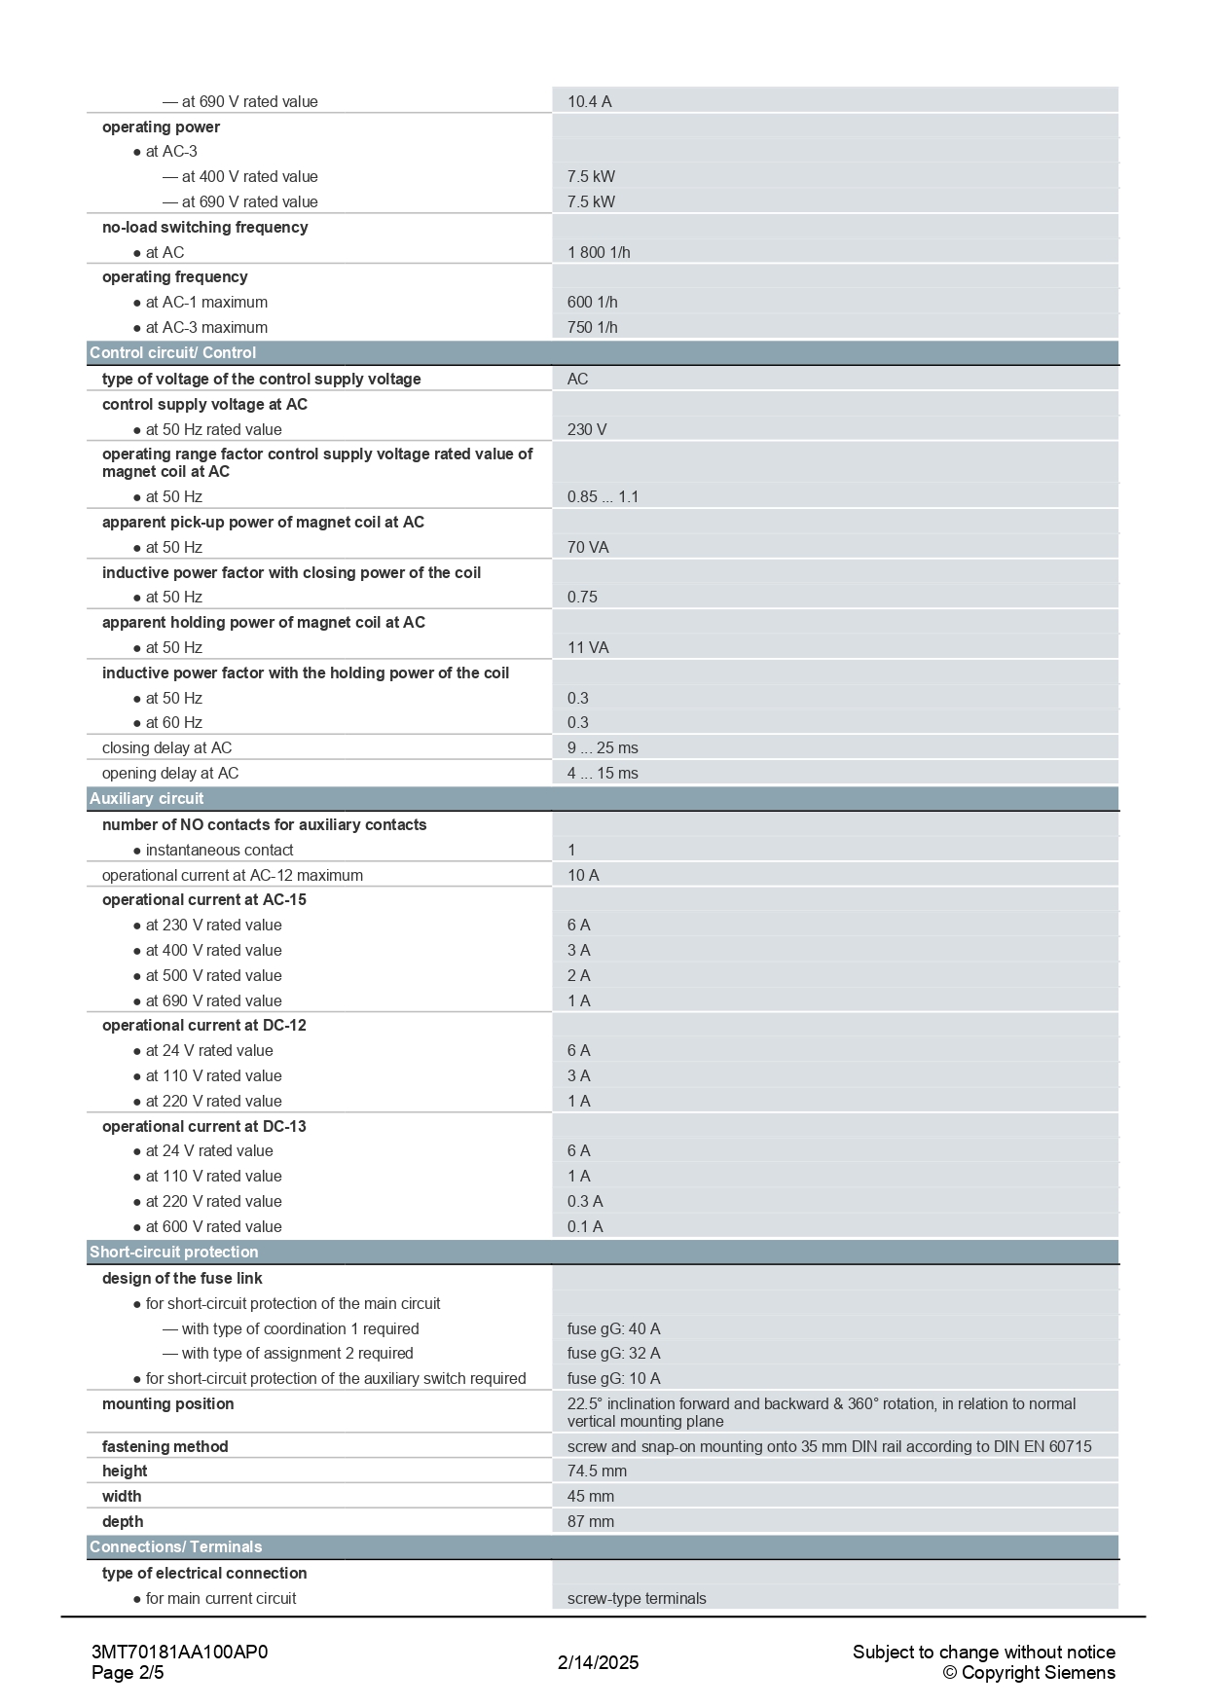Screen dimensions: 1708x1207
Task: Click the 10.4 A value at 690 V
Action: click(589, 101)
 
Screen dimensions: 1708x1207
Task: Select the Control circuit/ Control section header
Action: click(173, 352)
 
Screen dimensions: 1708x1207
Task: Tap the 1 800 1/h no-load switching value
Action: click(599, 252)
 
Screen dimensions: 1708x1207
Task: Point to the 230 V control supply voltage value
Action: click(587, 429)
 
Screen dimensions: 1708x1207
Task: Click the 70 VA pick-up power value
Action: click(588, 547)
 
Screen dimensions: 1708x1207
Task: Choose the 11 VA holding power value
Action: click(588, 647)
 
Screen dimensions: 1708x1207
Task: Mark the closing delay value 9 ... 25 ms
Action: click(603, 747)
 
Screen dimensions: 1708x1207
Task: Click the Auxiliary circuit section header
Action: click(147, 798)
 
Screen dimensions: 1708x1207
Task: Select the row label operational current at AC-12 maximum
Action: click(233, 875)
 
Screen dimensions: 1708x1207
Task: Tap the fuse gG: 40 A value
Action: click(613, 1328)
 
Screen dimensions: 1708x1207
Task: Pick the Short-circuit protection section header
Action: click(174, 1252)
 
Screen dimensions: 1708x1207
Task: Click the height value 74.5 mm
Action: click(597, 1471)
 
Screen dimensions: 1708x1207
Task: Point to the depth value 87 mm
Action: click(591, 1521)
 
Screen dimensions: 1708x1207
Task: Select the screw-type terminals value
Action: click(637, 1598)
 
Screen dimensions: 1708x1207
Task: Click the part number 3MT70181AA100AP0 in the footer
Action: click(179, 1652)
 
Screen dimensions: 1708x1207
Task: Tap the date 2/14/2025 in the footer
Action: click(598, 1662)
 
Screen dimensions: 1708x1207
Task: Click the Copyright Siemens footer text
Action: click(1029, 1673)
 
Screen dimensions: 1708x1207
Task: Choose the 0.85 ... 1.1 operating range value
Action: click(603, 496)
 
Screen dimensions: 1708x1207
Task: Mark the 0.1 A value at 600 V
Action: click(585, 1226)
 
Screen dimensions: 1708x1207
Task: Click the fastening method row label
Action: click(165, 1446)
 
